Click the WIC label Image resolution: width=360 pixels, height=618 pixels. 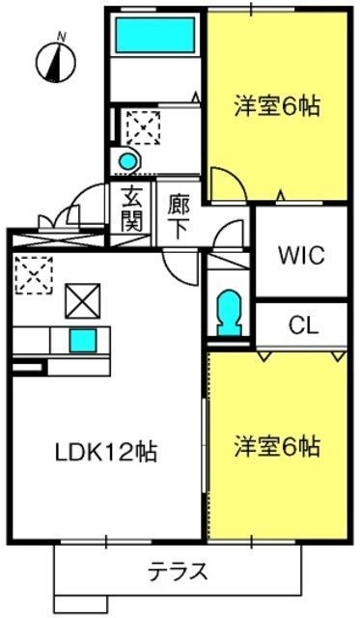point(300,256)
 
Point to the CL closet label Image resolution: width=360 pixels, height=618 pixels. point(303,325)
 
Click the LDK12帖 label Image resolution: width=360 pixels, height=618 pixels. point(106,451)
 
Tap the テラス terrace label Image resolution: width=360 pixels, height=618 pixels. point(177,571)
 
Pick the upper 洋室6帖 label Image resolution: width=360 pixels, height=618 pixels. point(276,105)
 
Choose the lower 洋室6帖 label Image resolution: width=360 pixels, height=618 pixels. point(276,447)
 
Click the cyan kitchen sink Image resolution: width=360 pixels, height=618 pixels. point(82,340)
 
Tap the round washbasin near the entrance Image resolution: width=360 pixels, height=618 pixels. point(126,160)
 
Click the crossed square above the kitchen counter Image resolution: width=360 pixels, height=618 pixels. point(82,301)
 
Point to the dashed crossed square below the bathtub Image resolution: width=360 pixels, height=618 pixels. point(145,125)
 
